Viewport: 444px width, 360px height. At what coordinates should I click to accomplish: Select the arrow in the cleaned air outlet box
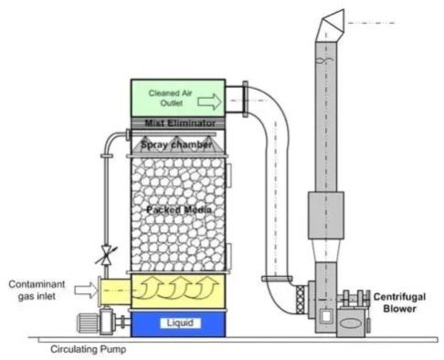coord(209,101)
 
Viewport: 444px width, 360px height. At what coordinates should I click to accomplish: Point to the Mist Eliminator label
coord(179,122)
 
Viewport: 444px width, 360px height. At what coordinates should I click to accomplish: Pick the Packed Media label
coord(179,211)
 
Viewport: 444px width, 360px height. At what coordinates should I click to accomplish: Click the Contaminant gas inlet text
coord(37,290)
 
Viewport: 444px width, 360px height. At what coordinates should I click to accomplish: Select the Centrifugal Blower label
coord(396,302)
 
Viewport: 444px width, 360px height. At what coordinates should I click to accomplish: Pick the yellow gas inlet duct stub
coord(113,291)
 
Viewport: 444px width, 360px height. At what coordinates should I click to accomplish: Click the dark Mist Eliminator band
coord(179,122)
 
